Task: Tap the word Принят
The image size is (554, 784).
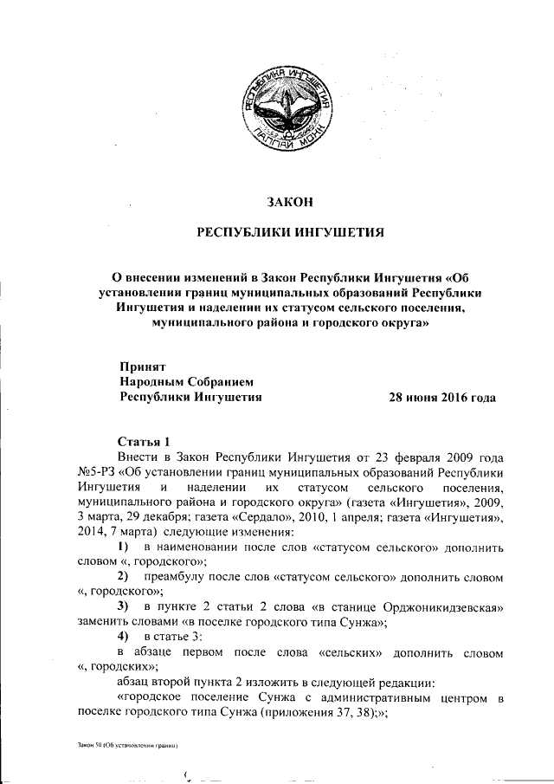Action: (143, 366)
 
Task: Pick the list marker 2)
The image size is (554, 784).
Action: (124, 576)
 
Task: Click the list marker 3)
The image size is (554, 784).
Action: (124, 605)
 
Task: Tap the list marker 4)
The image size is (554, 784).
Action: (124, 636)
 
